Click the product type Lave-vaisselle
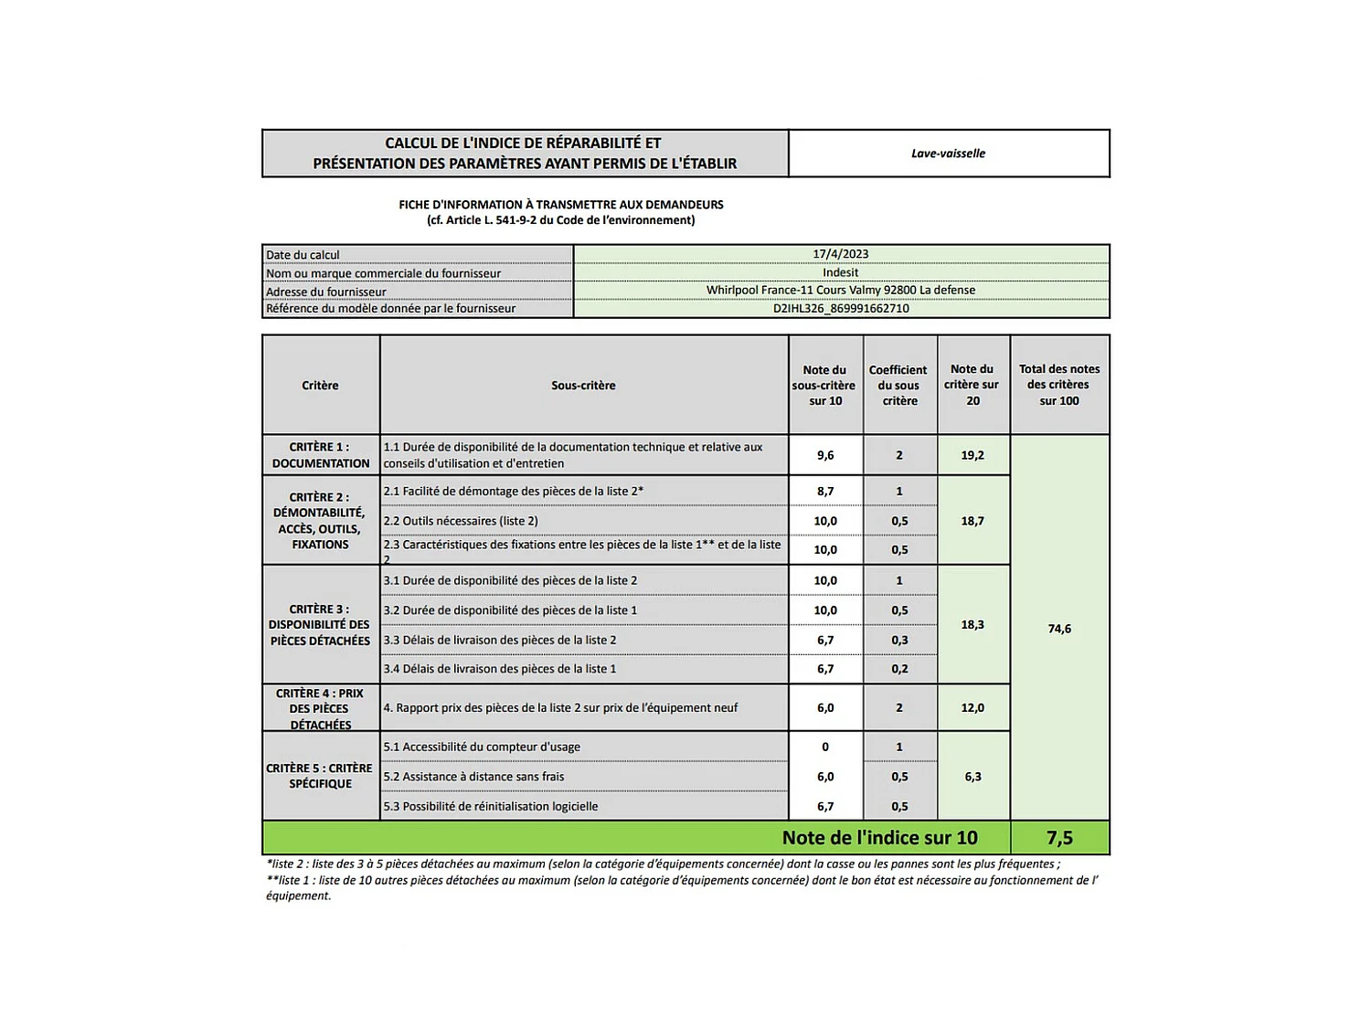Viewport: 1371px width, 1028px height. [948, 154]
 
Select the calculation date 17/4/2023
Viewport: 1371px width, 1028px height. [840, 254]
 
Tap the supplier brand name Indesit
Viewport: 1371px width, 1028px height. [840, 272]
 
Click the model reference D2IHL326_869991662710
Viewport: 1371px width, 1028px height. [840, 309]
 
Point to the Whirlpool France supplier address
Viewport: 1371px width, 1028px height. [840, 291]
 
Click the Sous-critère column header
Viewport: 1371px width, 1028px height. [583, 386]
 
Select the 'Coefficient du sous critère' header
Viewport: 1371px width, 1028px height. [898, 386]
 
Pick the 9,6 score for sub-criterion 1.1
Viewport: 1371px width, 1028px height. [825, 455]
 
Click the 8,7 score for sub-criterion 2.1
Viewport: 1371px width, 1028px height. [825, 492]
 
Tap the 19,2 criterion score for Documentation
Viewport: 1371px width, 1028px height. [972, 455]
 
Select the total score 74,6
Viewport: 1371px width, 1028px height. [1059, 629]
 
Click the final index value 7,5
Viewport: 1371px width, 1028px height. [1059, 838]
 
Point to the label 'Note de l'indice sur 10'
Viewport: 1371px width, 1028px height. [879, 838]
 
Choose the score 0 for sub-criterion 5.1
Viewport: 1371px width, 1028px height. [825, 747]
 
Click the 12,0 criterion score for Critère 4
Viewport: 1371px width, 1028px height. [972, 708]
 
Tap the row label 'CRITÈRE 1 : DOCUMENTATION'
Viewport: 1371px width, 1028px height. [320, 455]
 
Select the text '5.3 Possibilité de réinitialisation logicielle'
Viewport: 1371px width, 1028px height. [491, 807]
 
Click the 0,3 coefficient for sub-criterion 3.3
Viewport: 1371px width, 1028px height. [899, 641]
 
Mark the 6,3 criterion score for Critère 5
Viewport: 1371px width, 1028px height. [972, 777]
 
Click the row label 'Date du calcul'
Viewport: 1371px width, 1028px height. [303, 255]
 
